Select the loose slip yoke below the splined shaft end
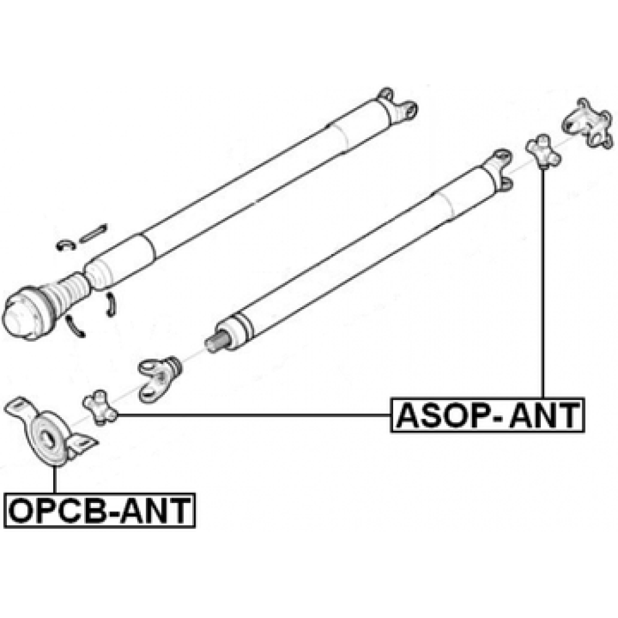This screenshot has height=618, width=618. (158, 377)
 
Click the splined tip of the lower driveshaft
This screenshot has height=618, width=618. (216, 342)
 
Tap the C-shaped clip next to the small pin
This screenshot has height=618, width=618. (66, 244)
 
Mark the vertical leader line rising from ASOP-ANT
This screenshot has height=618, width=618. (543, 284)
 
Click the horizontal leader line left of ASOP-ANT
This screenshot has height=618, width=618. (253, 416)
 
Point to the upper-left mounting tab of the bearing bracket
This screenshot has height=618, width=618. (17, 408)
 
